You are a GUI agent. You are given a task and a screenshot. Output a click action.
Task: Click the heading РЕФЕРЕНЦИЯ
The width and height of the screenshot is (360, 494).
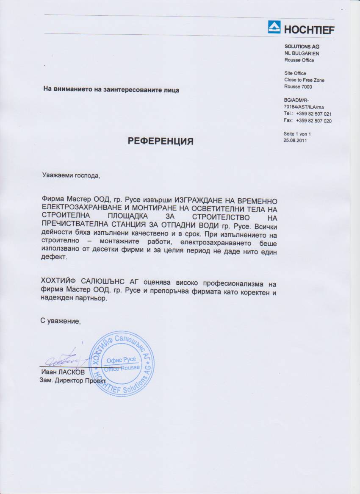pos(161,141)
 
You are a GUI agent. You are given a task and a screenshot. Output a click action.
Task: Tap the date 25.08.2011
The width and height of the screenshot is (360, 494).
pos(295,141)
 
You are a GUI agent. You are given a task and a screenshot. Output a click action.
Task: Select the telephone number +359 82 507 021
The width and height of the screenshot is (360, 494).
pos(314,114)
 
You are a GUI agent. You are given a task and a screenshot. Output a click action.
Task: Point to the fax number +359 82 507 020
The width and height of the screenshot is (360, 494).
pos(314,121)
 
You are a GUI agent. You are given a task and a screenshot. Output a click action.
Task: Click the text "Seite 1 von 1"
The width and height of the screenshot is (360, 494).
pos(297,134)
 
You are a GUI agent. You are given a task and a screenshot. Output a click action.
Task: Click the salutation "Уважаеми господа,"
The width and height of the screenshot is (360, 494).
pos(72,175)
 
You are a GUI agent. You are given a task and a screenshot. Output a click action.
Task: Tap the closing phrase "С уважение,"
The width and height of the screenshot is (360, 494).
pos(61,321)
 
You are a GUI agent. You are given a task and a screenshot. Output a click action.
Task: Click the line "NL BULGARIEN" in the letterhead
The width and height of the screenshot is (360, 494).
pos(302,53)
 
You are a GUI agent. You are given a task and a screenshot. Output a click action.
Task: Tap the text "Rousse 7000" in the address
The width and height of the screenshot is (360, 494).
pos(298,87)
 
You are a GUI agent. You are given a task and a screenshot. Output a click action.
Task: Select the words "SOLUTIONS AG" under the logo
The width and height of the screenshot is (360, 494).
pos(302,47)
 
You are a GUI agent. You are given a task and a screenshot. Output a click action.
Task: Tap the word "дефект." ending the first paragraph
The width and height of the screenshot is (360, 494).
pos(54,257)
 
